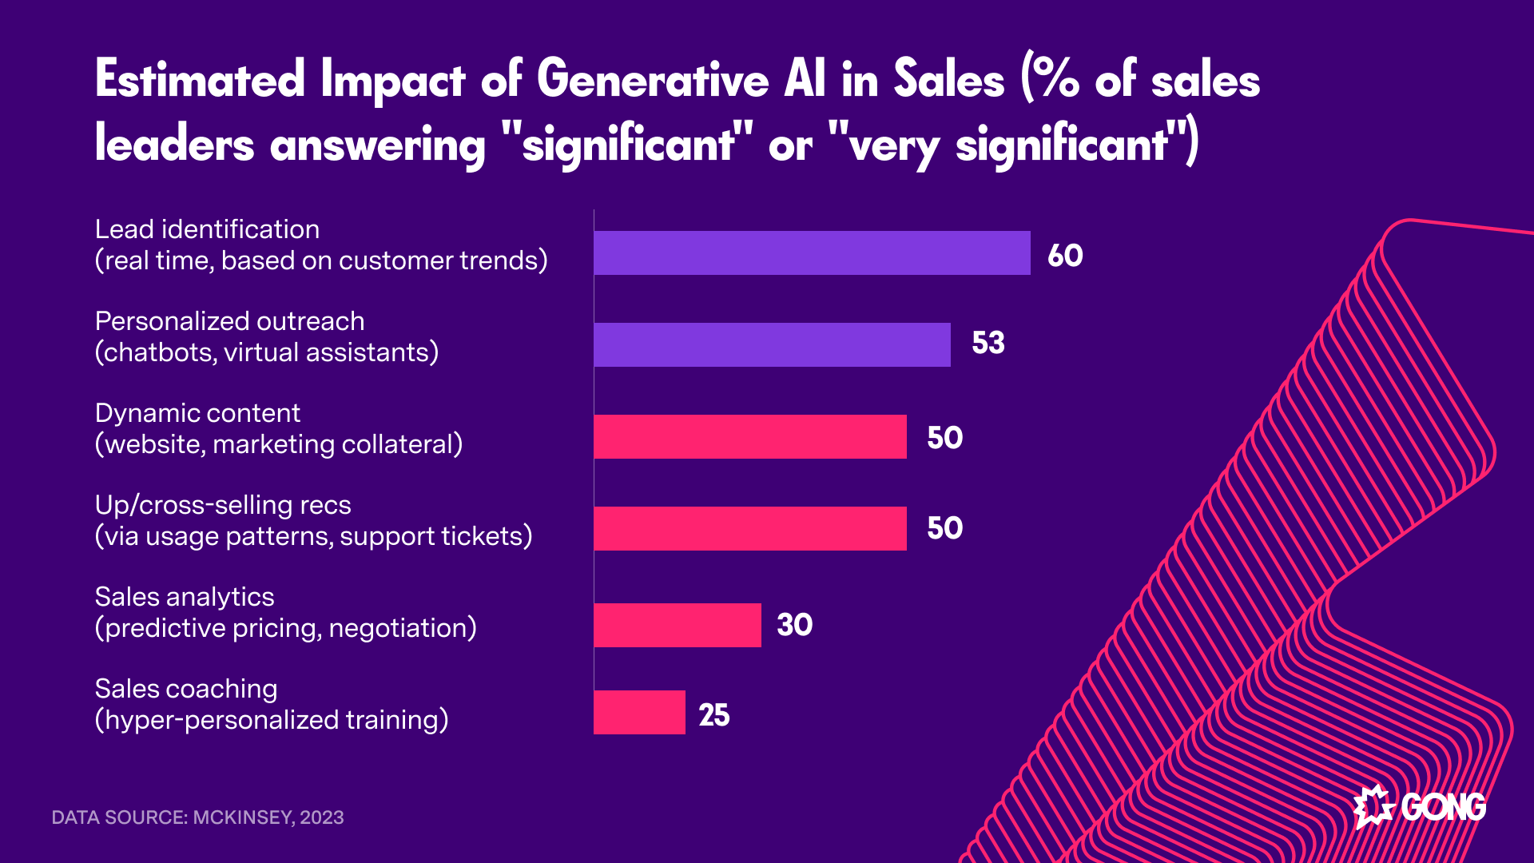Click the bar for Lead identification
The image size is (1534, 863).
[812, 253]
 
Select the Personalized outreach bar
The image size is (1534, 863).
[772, 345]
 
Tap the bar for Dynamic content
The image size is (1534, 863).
[750, 437]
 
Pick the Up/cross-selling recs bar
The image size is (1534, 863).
[750, 529]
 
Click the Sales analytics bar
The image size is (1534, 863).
[678, 625]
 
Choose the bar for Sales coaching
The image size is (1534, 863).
[639, 713]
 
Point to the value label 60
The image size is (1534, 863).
[1065, 256]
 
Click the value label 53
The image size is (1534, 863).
[988, 343]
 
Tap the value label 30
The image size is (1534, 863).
[795, 625]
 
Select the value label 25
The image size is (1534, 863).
[714, 715]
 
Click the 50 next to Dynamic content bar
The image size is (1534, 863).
[944, 438]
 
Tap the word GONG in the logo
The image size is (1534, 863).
[1444, 807]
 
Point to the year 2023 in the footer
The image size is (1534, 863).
[322, 817]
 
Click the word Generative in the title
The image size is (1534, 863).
[652, 81]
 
